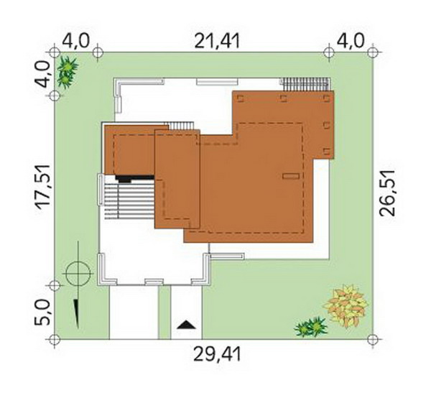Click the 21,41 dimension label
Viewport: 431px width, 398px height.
point(217,41)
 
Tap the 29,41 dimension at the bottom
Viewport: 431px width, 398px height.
point(217,354)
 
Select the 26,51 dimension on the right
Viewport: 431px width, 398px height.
point(387,193)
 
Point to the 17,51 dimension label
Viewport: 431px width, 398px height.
point(43,187)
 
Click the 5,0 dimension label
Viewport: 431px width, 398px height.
point(42,313)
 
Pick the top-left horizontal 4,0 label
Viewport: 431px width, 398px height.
point(76,41)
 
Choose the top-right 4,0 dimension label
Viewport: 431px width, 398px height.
point(351,41)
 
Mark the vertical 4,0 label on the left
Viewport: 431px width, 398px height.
point(42,74)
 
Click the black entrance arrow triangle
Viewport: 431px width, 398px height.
point(186,325)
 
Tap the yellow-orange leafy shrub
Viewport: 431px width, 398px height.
point(346,306)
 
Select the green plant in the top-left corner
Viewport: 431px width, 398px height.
point(67,72)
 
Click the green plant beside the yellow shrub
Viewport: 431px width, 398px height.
point(310,327)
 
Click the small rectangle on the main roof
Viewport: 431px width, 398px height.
point(291,176)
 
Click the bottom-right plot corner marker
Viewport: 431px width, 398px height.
point(372,340)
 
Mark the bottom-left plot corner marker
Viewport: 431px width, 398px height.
point(55,340)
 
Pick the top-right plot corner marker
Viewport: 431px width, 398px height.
point(372,52)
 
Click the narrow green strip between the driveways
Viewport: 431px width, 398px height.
point(164,313)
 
